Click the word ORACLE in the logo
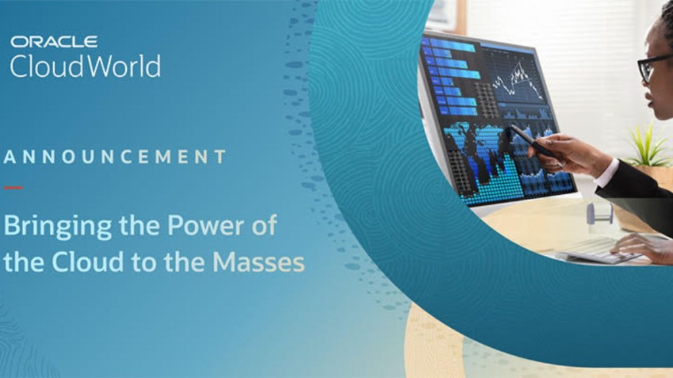click(54, 41)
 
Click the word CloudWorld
click(85, 66)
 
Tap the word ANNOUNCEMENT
click(114, 157)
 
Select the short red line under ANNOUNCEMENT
click(13, 188)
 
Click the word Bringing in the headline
click(58, 226)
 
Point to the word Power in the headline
click(206, 226)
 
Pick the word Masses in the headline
click(258, 262)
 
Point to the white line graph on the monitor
click(517, 80)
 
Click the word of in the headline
click(264, 225)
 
